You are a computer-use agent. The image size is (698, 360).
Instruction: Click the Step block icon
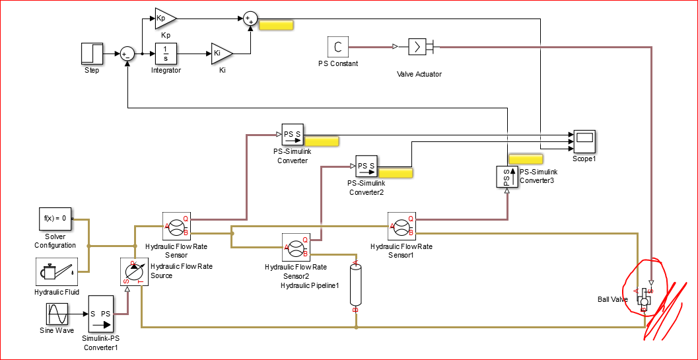[92, 54]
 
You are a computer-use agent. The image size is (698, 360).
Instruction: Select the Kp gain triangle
[164, 18]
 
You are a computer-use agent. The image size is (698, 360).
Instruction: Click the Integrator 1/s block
[166, 54]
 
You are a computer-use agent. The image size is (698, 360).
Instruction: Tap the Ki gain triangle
[221, 54]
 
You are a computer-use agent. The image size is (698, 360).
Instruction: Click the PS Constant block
[337, 47]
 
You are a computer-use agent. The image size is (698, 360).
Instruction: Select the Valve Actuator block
[419, 47]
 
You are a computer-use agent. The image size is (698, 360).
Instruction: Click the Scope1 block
[584, 141]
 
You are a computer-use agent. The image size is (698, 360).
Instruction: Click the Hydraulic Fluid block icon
[55, 271]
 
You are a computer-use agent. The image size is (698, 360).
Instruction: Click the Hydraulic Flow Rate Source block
[133, 271]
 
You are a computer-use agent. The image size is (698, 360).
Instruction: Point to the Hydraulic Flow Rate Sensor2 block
[296, 248]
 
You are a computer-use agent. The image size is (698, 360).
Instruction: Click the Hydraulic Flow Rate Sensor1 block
[401, 227]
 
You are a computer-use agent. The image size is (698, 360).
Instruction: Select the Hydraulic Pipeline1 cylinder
[355, 285]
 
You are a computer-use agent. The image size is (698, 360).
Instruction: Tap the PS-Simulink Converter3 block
[506, 177]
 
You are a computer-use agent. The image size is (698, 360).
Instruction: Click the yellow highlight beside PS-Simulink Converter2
[394, 173]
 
